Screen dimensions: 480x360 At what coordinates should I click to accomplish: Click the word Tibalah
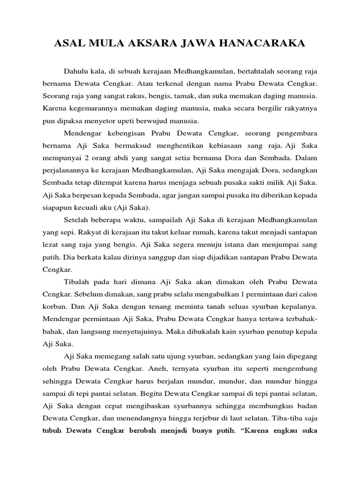point(76,281)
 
